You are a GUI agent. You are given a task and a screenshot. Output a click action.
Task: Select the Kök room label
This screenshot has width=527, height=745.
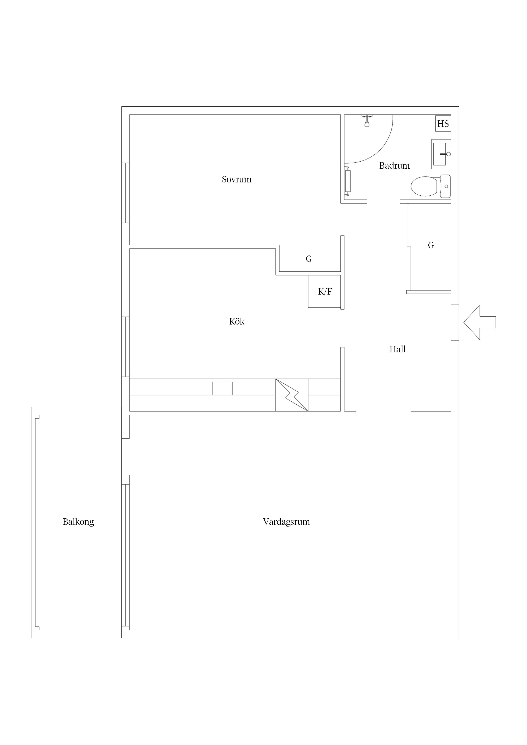(237, 321)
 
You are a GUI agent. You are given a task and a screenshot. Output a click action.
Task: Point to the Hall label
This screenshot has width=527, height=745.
(397, 349)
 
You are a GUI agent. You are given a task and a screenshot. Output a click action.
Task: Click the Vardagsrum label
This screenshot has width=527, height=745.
(286, 522)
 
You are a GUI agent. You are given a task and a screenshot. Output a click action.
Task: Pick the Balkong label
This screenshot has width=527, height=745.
(78, 522)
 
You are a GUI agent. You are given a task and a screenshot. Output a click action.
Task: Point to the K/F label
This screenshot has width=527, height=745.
(325, 292)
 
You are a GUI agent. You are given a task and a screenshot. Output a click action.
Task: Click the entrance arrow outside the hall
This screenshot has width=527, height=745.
(480, 322)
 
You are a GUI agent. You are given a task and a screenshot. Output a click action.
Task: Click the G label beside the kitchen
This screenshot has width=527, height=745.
(309, 259)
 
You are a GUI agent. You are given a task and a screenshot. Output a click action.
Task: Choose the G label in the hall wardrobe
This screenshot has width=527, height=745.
(431, 245)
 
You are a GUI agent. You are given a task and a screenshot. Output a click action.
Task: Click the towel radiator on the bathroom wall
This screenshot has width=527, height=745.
(348, 181)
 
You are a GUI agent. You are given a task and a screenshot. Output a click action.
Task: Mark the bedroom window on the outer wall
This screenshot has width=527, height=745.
(126, 193)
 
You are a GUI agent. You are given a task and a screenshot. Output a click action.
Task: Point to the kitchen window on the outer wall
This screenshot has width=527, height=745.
(126, 347)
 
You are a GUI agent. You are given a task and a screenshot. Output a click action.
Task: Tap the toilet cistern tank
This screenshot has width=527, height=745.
(445, 186)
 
